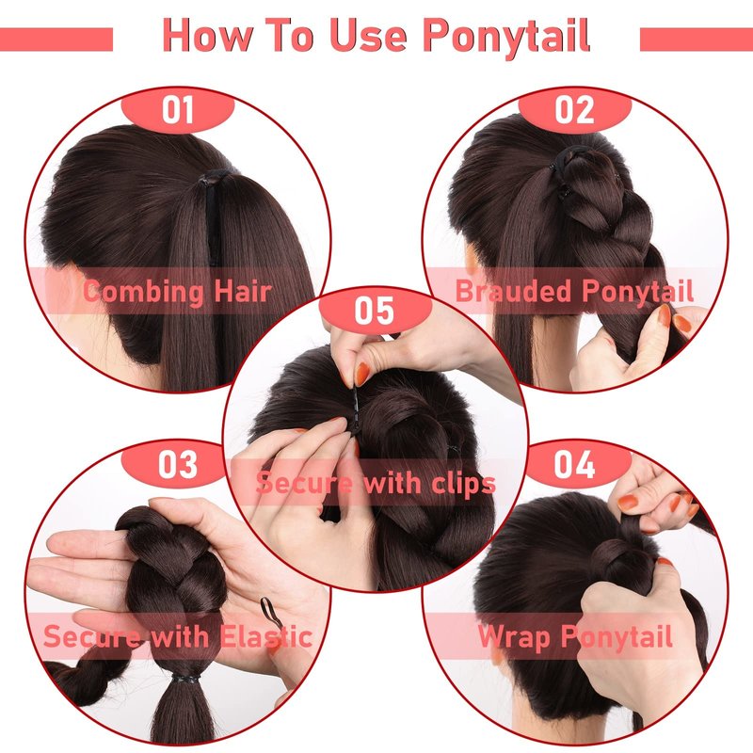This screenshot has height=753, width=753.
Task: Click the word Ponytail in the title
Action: [x=506, y=37]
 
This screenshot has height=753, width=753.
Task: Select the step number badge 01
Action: [x=178, y=110]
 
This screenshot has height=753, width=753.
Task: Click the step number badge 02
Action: [x=574, y=110]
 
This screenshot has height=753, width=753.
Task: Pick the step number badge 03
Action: [x=178, y=464]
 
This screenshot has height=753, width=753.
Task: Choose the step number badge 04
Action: [x=574, y=464]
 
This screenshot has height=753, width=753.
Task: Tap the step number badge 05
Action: [x=375, y=311]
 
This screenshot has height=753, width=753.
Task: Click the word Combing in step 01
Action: [x=143, y=292]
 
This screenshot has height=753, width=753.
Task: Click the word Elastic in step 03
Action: [x=266, y=637]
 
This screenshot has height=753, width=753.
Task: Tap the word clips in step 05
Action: [x=463, y=483]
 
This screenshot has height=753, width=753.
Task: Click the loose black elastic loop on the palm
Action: [x=269, y=610]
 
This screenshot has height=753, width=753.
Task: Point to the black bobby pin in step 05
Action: [x=356, y=409]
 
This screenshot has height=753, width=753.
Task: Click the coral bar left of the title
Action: [x=56, y=39]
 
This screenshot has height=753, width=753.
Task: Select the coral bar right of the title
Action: [x=697, y=39]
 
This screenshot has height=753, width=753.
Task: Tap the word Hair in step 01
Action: [x=243, y=291]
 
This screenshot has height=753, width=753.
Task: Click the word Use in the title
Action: [x=368, y=35]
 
